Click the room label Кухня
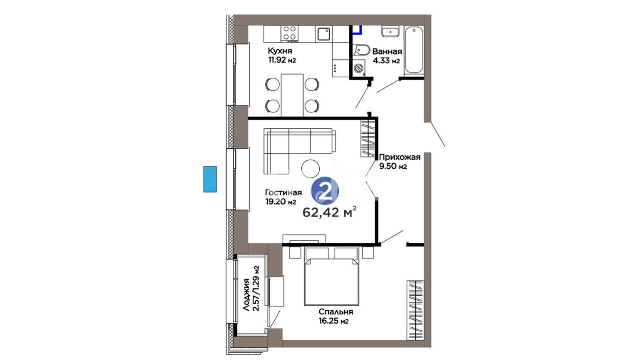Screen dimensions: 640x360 coord(280,51)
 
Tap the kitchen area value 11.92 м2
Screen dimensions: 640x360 coord(282,60)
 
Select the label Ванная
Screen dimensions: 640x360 coord(387,52)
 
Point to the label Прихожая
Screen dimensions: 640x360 coord(400,157)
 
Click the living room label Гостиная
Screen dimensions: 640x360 coord(283,193)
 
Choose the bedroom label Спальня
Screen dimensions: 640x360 coord(336,312)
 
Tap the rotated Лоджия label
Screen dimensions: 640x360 coord(246,295)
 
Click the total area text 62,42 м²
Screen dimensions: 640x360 coord(329,212)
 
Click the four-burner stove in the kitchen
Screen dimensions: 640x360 coord(289,34)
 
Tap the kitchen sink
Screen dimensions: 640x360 coord(323,34)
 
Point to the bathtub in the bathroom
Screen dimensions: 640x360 coord(414,50)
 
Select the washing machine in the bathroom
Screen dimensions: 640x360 coord(358,68)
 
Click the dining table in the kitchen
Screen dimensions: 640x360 coord(292,95)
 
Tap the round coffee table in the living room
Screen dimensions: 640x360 coord(310,168)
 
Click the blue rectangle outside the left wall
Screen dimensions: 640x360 coord(210,179)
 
